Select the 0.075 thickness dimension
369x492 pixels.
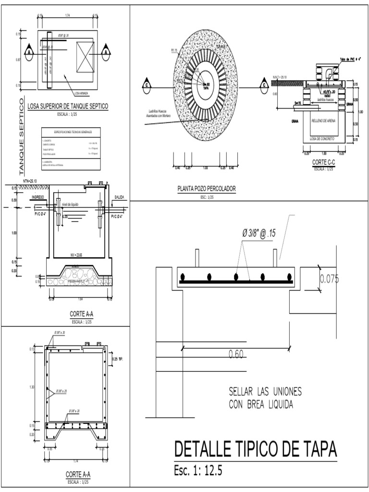coord(329,279)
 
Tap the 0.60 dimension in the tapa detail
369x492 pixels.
coord(236,355)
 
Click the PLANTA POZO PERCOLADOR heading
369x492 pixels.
coord(206,189)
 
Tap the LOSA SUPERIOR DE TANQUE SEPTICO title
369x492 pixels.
coord(68,106)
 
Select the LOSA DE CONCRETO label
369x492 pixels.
coord(322,138)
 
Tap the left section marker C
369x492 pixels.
coord(146,86)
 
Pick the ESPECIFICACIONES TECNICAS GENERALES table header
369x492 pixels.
coord(70,131)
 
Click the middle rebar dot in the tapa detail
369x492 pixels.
coord(236,277)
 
